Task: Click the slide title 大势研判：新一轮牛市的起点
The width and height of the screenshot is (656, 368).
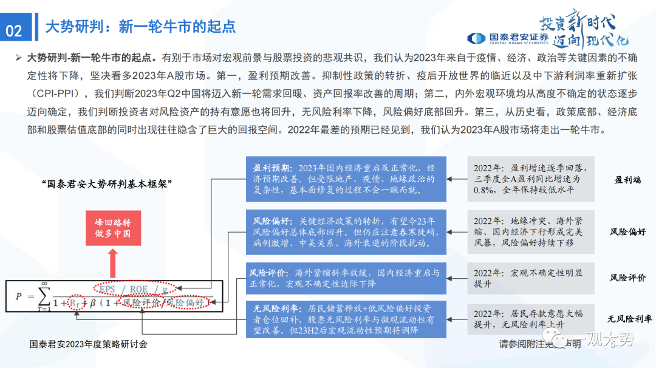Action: point(140,26)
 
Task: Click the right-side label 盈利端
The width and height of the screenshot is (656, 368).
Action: point(627,180)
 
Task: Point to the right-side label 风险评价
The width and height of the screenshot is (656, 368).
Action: point(627,278)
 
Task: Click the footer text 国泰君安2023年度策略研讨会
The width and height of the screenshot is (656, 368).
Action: point(89,344)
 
